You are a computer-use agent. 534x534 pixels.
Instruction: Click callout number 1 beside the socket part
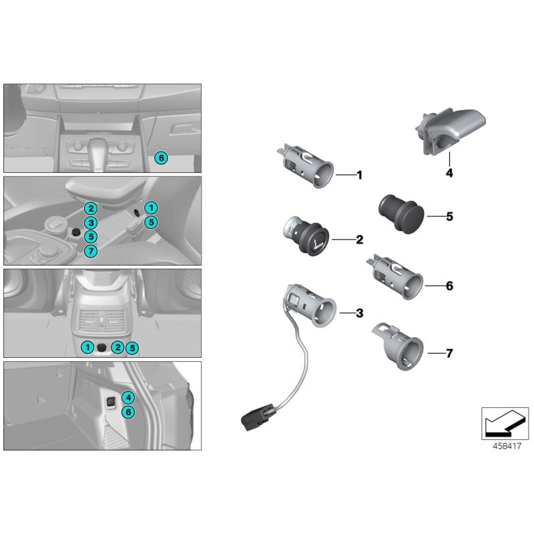359,176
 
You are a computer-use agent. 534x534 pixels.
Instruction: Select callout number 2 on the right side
359,239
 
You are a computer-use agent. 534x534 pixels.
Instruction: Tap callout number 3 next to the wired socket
359,312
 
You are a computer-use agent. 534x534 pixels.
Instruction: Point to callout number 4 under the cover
449,173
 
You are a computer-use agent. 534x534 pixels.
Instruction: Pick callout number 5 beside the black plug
449,216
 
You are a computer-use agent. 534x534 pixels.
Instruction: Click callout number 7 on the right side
449,353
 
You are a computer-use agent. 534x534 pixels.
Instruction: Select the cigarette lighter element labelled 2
306,236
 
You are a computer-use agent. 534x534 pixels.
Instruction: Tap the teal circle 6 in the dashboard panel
160,158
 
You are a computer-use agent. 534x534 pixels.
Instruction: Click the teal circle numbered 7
91,251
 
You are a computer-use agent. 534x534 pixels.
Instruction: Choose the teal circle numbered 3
91,223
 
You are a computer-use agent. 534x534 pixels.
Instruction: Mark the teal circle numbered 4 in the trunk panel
129,398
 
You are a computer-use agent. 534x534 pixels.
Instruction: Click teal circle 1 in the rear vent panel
87,347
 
